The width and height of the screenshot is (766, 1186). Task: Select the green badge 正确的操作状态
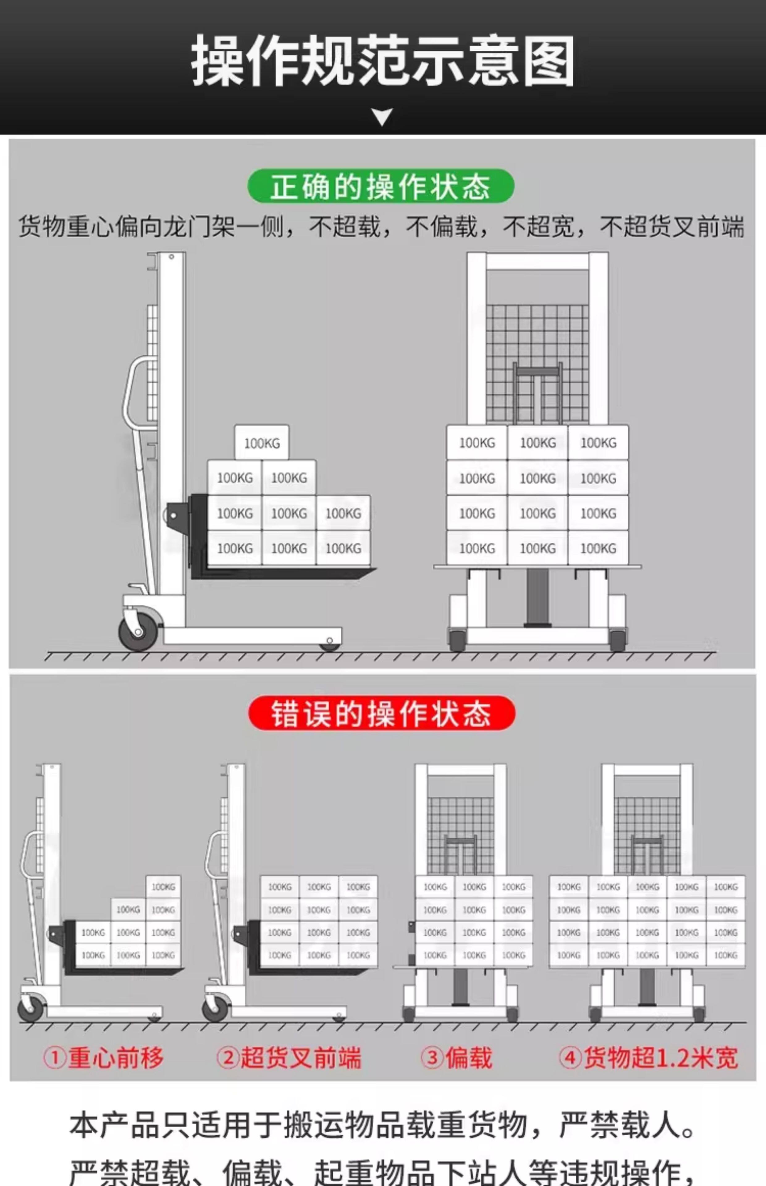coord(381,186)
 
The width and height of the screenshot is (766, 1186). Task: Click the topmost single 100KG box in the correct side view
coord(262,442)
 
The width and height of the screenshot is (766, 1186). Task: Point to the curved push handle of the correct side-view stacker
coord(130,393)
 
